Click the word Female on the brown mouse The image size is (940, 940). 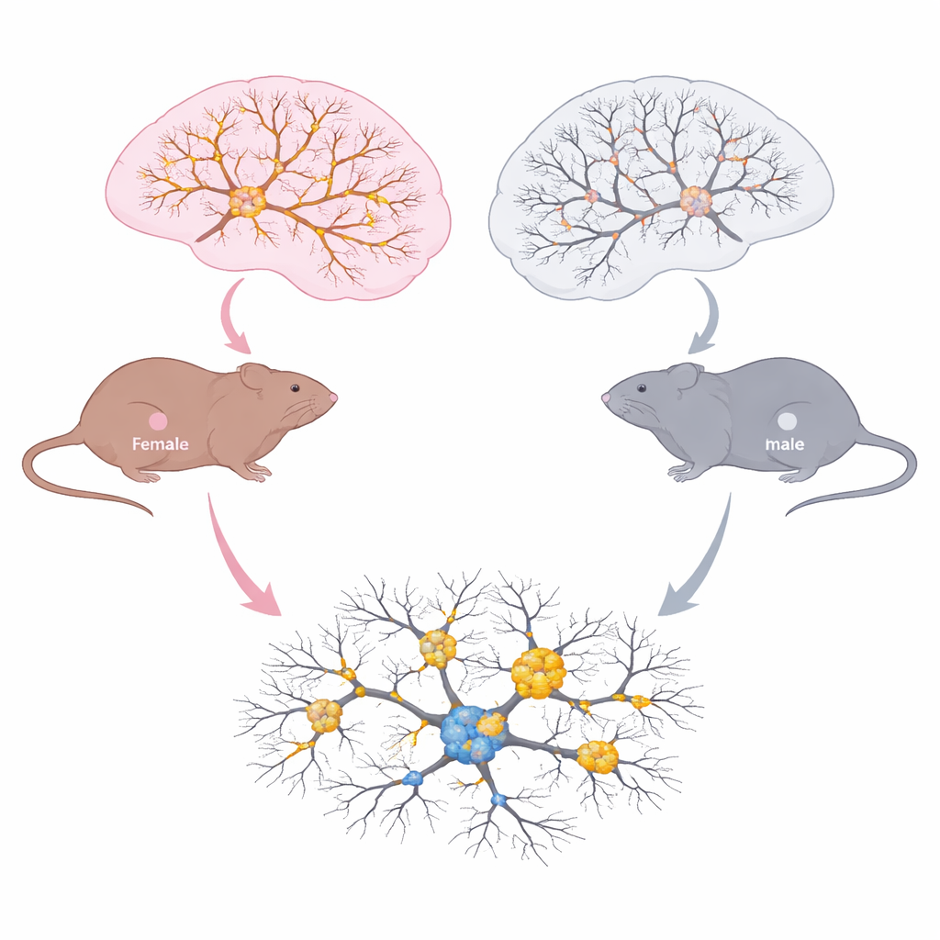pyautogui.click(x=160, y=444)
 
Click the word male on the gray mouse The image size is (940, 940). pyautogui.click(x=785, y=444)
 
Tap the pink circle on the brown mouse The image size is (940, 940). pyautogui.click(x=158, y=421)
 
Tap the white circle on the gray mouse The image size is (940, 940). pyautogui.click(x=787, y=422)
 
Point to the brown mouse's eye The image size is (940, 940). pyautogui.click(x=295, y=388)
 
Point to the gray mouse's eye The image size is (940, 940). pyautogui.click(x=642, y=388)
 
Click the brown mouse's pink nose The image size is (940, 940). pyautogui.click(x=333, y=397)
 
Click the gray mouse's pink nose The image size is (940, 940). pyautogui.click(x=606, y=397)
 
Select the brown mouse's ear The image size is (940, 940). pyautogui.click(x=255, y=378)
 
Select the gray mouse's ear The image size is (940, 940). pyautogui.click(x=684, y=378)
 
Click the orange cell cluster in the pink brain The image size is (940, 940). pyautogui.click(x=247, y=201)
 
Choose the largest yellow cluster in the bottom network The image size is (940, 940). pyautogui.click(x=538, y=673)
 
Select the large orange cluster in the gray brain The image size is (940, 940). pyautogui.click(x=696, y=201)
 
